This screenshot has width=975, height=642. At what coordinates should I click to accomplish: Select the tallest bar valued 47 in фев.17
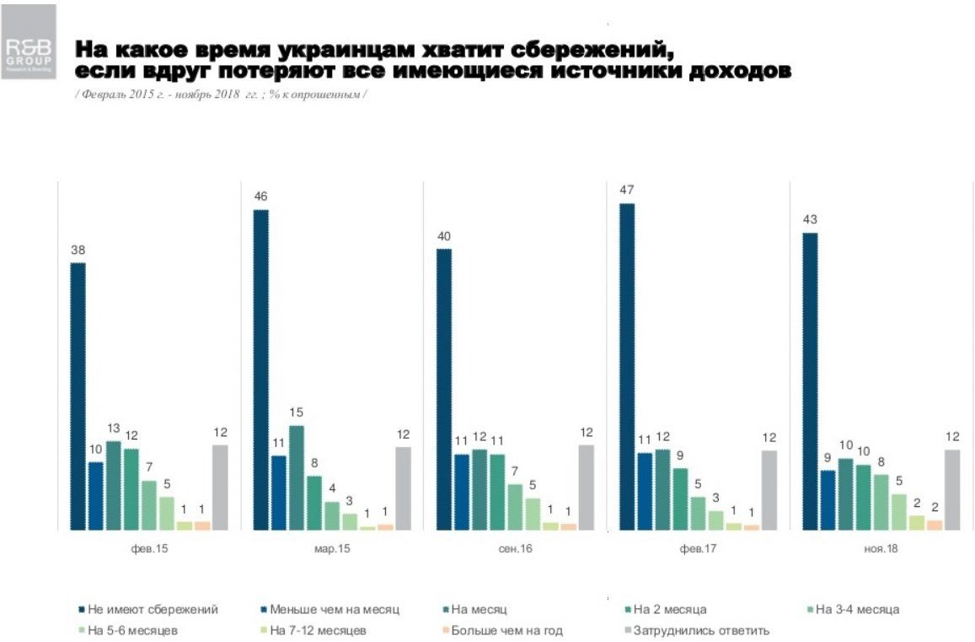(x=628, y=367)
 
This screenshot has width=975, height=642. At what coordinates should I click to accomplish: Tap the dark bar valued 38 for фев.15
(x=78, y=397)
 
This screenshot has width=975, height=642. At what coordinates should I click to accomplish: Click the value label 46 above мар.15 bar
(x=260, y=197)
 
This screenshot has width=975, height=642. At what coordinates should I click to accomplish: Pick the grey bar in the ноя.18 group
(x=952, y=489)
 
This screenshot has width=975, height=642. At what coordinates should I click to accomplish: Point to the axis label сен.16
(x=515, y=548)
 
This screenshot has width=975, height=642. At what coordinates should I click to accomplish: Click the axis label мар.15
(x=332, y=548)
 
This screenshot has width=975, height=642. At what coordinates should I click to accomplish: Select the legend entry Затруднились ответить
(x=694, y=630)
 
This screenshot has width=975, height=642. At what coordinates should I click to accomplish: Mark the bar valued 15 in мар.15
(x=296, y=477)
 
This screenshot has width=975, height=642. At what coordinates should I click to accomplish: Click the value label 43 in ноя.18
(x=810, y=220)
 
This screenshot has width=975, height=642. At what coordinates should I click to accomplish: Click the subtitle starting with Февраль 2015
(x=220, y=94)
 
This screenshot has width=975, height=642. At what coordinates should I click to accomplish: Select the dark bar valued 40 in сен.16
(x=444, y=389)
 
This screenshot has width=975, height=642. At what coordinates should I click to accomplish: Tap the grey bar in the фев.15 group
(x=220, y=487)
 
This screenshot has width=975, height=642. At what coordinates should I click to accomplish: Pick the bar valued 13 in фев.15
(x=113, y=485)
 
